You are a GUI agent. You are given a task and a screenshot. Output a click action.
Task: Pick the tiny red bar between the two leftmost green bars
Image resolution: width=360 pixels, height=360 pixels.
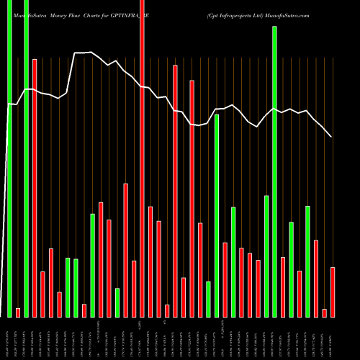[18, 312]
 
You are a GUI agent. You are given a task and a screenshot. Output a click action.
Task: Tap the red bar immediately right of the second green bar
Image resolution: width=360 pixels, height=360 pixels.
[35, 187]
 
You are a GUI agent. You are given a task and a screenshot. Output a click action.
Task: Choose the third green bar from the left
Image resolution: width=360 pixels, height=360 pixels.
[68, 287]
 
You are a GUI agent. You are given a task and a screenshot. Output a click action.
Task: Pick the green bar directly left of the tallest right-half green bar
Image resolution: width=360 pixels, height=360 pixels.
[266, 256]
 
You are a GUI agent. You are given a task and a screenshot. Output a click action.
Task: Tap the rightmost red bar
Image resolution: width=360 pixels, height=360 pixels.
[333, 292]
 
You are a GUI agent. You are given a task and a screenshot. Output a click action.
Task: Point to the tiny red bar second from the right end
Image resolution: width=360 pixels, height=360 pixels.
[324, 312]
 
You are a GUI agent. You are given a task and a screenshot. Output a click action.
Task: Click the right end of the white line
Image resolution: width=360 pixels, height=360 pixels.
[331, 136]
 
